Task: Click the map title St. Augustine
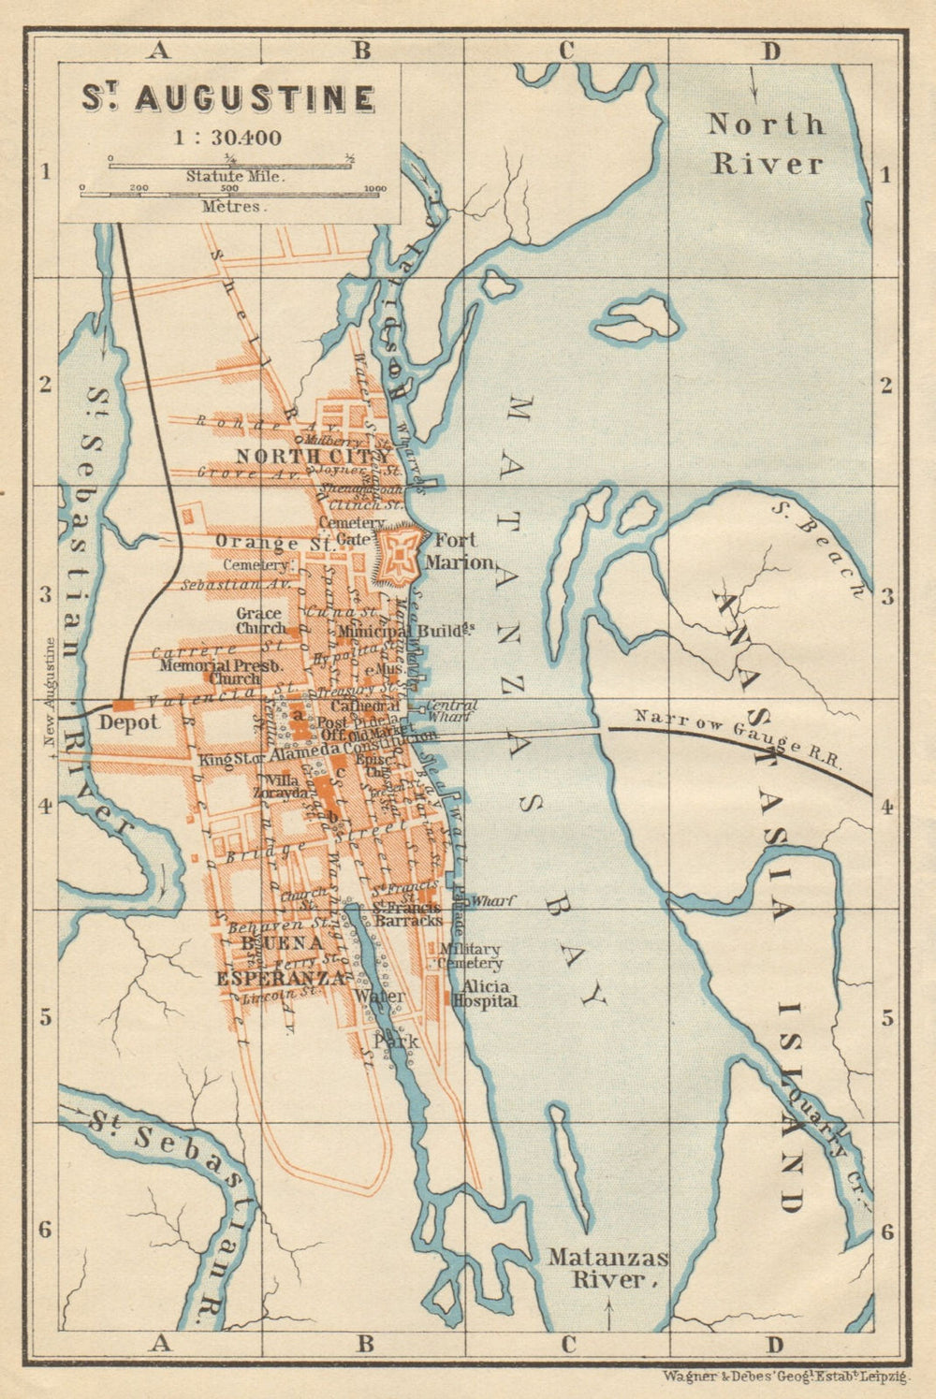pos(228,98)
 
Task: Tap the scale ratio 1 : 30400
pos(227,138)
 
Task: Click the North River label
pos(767,143)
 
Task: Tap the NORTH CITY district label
pos(313,456)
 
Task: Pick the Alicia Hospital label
pos(485,994)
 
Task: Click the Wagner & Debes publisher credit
pos(785,1377)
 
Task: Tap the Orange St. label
pos(257,542)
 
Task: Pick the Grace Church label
pos(260,621)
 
